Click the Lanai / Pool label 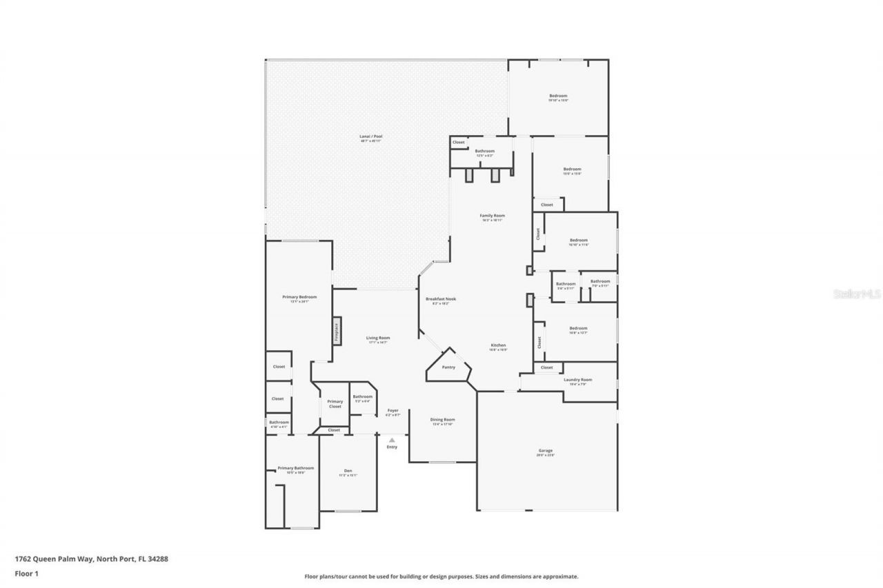tap(370, 136)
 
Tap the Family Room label tap(493, 216)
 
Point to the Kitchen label tap(498, 345)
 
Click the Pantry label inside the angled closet tap(448, 367)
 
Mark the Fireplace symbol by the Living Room tap(337, 332)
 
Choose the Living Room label tap(378, 338)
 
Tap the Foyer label tap(393, 411)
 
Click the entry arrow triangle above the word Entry tap(392, 439)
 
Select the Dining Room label tap(442, 420)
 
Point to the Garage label tap(546, 451)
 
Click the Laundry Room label tap(577, 380)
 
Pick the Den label tap(348, 471)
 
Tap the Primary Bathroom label tap(291, 468)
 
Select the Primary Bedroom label tap(299, 297)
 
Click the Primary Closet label tap(335, 404)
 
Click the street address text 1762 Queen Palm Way tap(91, 559)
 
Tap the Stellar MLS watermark tap(857, 294)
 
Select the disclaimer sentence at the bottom tap(441, 576)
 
